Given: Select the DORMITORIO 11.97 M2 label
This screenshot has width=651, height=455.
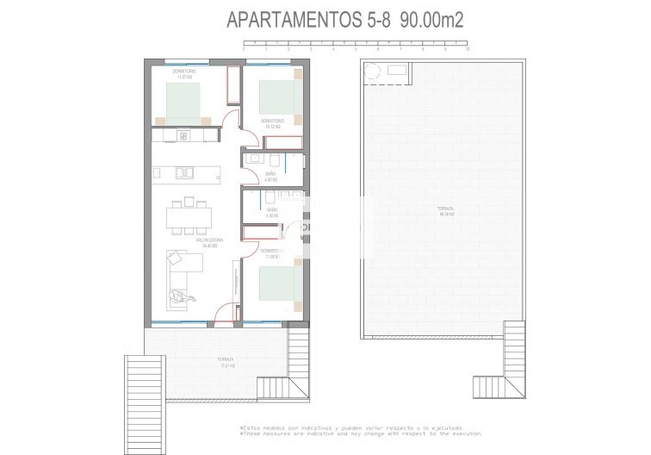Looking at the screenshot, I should tap(183, 74).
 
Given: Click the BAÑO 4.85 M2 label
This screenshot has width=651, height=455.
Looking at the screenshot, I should tap(270, 177).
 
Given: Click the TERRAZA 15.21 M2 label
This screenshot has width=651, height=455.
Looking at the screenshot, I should tap(202, 361).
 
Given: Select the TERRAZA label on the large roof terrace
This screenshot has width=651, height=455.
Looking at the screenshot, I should tap(445, 210).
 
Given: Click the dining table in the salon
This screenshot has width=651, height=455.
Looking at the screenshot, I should tap(186, 213).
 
